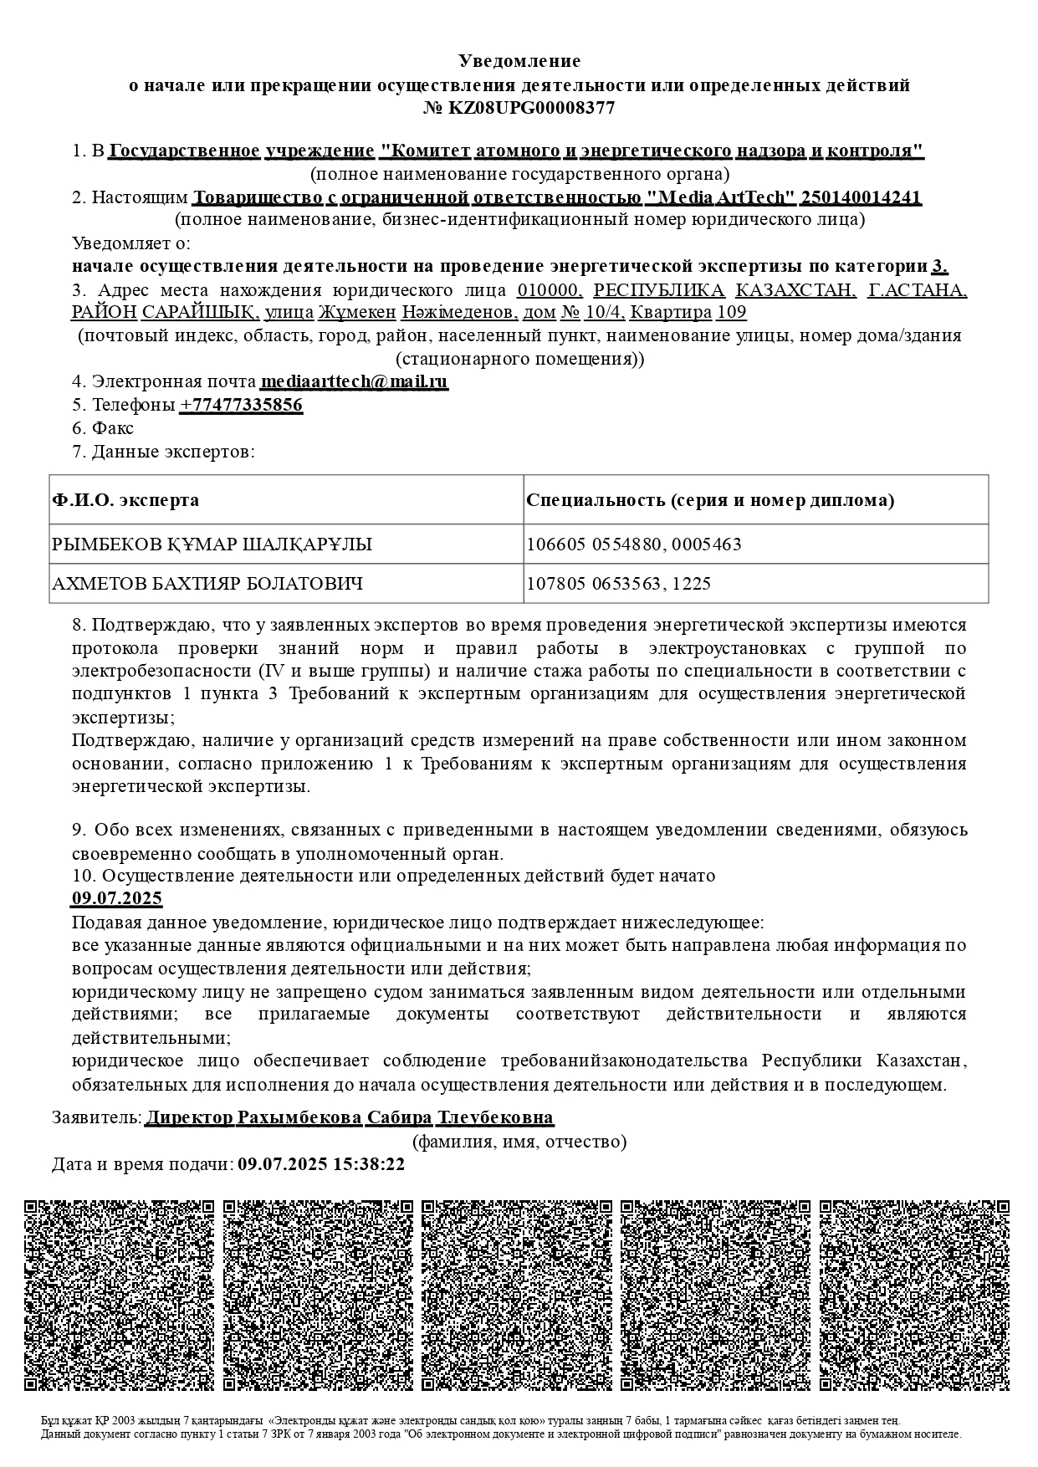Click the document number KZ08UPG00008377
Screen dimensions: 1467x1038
tap(532, 108)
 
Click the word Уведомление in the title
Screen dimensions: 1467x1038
tap(519, 61)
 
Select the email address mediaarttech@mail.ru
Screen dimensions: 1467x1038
tap(354, 381)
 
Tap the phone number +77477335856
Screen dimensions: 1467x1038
tap(241, 405)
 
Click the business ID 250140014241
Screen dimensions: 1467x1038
tap(861, 197)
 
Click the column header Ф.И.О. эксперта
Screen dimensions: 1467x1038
tap(125, 500)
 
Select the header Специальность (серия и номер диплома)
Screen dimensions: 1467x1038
tap(710, 500)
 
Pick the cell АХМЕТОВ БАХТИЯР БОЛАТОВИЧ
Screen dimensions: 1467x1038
tap(207, 583)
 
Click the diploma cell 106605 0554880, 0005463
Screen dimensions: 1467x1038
tap(634, 544)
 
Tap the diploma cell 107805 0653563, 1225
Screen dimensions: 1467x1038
tap(618, 583)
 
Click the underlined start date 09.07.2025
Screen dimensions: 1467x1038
tap(116, 899)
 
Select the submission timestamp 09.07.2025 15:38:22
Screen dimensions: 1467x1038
tap(321, 1164)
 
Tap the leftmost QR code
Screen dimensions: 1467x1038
tap(120, 1296)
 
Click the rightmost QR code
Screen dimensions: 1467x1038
tap(914, 1296)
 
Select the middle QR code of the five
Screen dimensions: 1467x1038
tap(517, 1296)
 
